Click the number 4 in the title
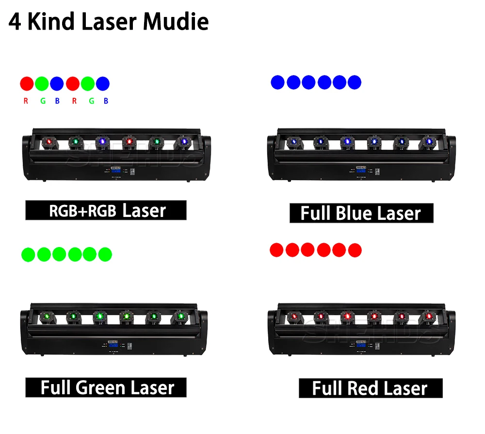pyautogui.click(x=15, y=22)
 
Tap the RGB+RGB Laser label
pyautogui.click(x=106, y=210)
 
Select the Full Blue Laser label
pyautogui.click(x=361, y=213)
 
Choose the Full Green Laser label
pyautogui.click(x=106, y=387)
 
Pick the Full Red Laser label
pyautogui.click(x=370, y=388)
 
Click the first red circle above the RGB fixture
pyautogui.click(x=27, y=83)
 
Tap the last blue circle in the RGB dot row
pyautogui.click(x=103, y=83)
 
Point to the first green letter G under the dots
pyautogui.click(x=42, y=101)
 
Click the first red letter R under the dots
pyautogui.click(x=26, y=101)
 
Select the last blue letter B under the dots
pyautogui.click(x=106, y=101)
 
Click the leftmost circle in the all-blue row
pyautogui.click(x=278, y=82)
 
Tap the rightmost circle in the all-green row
pyautogui.click(x=105, y=254)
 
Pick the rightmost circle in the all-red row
pyautogui.click(x=355, y=250)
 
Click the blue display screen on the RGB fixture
pyautogui.click(x=115, y=170)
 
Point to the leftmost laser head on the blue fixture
pyautogui.click(x=293, y=141)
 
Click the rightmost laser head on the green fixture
pyautogui.click(x=181, y=317)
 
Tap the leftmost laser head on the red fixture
pyautogui.click(x=293, y=317)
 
